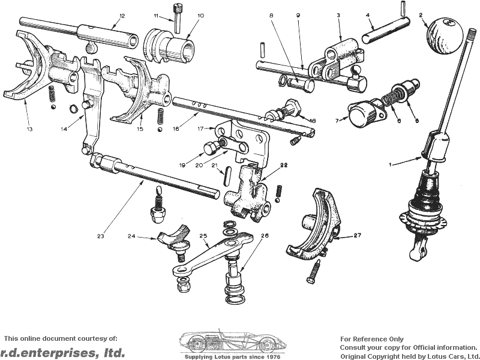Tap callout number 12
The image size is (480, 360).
tap(122, 16)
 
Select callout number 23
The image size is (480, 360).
tap(101, 236)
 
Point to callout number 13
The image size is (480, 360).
tap(29, 129)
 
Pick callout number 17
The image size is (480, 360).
tap(200, 129)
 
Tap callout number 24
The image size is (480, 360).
tap(131, 236)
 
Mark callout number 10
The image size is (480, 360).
tap(201, 16)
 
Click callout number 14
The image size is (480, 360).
tap(64, 129)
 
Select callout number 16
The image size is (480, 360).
tap(176, 129)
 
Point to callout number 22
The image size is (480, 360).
tap(284, 165)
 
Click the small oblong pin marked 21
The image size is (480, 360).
tap(226, 176)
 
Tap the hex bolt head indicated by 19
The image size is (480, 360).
tap(210, 149)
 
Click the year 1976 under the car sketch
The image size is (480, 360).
tap(272, 357)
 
